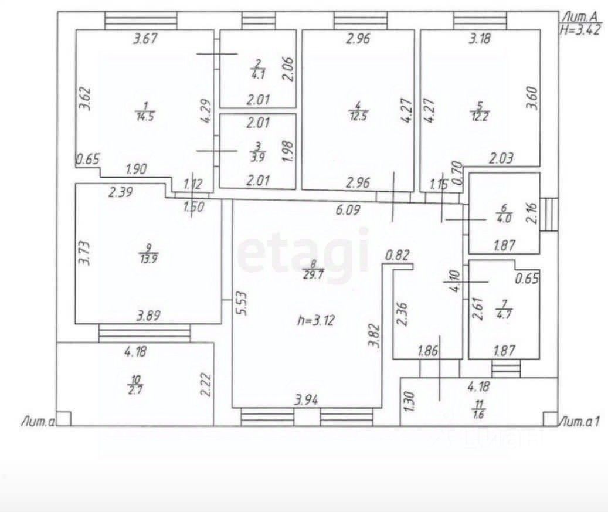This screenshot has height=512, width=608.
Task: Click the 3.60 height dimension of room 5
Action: point(531,98)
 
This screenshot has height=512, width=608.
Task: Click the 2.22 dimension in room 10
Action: point(205,384)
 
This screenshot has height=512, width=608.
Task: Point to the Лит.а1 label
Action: point(579,421)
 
